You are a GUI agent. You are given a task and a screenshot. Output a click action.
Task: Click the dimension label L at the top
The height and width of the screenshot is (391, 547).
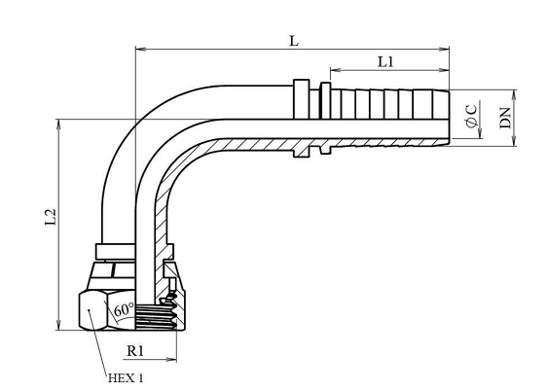[x=294, y=41]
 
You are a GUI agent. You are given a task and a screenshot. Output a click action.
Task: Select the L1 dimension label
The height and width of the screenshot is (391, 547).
[x=385, y=62]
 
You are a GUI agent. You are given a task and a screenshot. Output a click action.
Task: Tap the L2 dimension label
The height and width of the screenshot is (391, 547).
[x=51, y=217]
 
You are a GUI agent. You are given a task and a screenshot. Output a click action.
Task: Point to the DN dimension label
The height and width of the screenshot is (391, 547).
[x=505, y=118]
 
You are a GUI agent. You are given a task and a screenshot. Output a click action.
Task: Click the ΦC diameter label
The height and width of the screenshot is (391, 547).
[x=471, y=116]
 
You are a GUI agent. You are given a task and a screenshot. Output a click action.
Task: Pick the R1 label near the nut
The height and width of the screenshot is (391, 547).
[x=135, y=351]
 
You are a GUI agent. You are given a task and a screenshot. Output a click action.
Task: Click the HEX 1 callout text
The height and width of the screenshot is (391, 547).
[x=126, y=378]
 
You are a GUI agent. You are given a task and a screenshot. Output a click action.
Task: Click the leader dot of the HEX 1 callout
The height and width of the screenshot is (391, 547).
[x=89, y=309]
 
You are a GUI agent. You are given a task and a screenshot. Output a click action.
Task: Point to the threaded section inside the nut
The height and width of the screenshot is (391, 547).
[x=156, y=317]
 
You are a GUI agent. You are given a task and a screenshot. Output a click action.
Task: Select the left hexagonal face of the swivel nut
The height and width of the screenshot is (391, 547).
[x=92, y=311]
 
